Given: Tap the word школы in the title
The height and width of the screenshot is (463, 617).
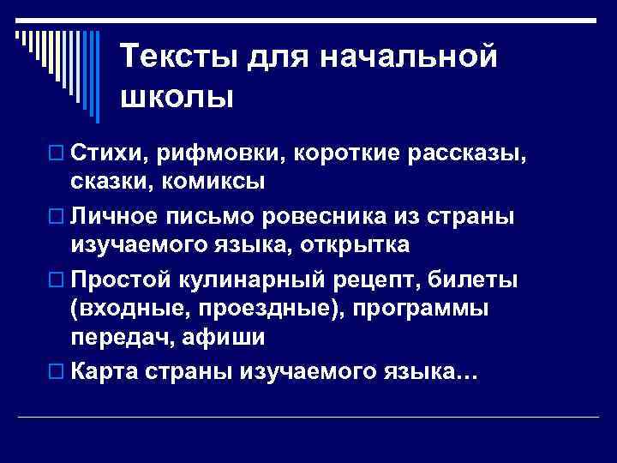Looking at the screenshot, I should tap(177, 97).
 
